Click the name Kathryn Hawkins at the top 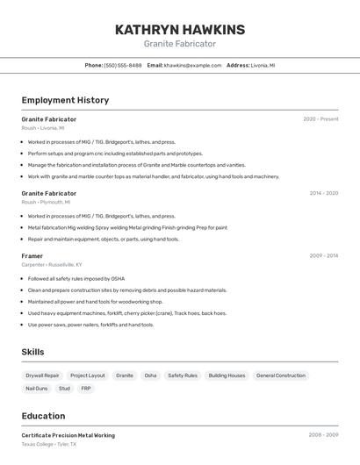[x=180, y=30]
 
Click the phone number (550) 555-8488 [x=123, y=65]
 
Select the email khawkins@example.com [x=192, y=65]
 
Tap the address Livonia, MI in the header [x=263, y=65]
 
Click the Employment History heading [x=65, y=100]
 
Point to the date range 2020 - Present [x=320, y=119]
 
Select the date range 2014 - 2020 [x=323, y=193]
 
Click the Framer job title [x=32, y=256]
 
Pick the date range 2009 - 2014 [x=323, y=256]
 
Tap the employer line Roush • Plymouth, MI [x=46, y=202]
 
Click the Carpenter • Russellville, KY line [x=52, y=264]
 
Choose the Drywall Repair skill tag [x=43, y=376]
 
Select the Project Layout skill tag [x=88, y=376]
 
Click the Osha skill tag [x=150, y=376]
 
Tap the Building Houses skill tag [x=227, y=376]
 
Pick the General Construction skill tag [x=281, y=376]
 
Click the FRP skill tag [x=86, y=388]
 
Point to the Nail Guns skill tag [x=37, y=388]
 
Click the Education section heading [x=43, y=416]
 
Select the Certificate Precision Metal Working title [x=68, y=435]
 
